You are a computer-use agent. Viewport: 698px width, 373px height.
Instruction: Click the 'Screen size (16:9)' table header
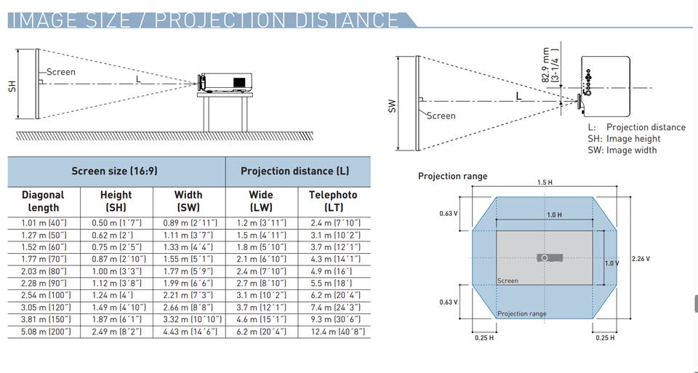(114, 171)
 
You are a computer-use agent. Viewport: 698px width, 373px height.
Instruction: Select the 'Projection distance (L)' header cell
(294, 171)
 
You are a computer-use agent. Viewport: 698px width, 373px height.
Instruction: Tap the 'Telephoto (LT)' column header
(333, 201)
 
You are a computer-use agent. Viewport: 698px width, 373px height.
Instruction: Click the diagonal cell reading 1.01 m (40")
(44, 223)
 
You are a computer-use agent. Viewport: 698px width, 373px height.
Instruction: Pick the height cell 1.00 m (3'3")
(116, 271)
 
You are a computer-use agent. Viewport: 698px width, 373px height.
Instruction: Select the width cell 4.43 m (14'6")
(188, 332)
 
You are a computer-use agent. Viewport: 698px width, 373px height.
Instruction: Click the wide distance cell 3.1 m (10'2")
(261, 295)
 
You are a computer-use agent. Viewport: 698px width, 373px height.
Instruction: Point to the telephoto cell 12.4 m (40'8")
(338, 332)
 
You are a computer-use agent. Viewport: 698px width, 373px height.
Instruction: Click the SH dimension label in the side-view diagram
(12, 86)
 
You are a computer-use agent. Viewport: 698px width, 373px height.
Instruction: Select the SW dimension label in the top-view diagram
(392, 106)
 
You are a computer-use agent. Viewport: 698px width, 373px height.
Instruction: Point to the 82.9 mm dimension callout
(550, 65)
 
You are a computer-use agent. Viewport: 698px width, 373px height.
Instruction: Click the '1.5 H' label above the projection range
(545, 183)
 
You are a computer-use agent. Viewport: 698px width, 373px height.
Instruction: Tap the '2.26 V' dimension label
(641, 259)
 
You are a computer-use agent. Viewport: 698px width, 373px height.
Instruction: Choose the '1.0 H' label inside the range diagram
(554, 215)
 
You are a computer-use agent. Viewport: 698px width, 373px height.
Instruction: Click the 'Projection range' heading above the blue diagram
(453, 176)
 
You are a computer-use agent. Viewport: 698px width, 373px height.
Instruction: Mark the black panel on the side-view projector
(239, 82)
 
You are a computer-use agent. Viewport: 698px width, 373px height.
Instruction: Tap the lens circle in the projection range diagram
(545, 258)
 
